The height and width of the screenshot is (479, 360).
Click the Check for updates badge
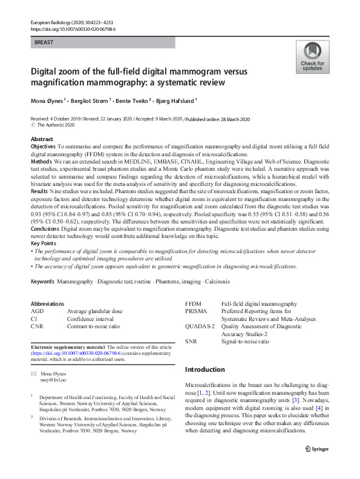point(312,57)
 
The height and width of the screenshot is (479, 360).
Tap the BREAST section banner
point(102,43)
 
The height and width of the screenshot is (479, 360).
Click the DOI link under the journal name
point(72,29)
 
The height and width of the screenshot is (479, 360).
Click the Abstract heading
point(42,139)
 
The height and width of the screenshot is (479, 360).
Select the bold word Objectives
point(43,147)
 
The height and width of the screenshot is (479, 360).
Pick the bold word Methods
point(41,162)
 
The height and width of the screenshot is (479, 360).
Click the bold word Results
point(40,190)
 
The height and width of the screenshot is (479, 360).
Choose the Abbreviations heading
point(47,303)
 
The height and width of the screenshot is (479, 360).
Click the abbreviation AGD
point(37,311)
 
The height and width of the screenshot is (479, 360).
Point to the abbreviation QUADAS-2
point(200,326)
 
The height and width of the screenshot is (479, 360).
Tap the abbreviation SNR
point(191,342)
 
